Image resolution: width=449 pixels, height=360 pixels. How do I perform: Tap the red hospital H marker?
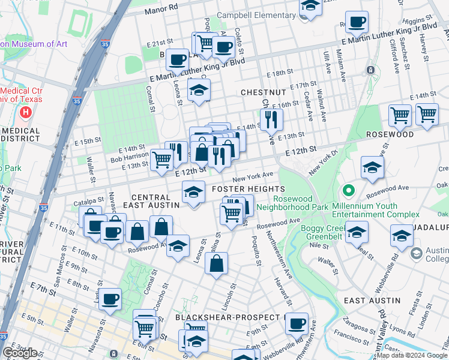pyautogui.click(x=26, y=112)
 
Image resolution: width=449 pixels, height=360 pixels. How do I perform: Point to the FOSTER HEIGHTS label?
pyautogui.click(x=249, y=189)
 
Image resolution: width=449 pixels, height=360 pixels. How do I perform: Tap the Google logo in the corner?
pyautogui.click(x=20, y=353)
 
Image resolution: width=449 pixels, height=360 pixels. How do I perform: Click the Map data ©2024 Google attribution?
pyautogui.click(x=412, y=356)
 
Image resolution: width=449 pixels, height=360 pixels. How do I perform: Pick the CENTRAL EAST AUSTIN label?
pyautogui.click(x=155, y=200)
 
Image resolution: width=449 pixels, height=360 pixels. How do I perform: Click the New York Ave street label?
pyautogui.click(x=253, y=176)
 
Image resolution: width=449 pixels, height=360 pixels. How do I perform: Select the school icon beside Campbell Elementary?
pyautogui.click(x=310, y=8)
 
